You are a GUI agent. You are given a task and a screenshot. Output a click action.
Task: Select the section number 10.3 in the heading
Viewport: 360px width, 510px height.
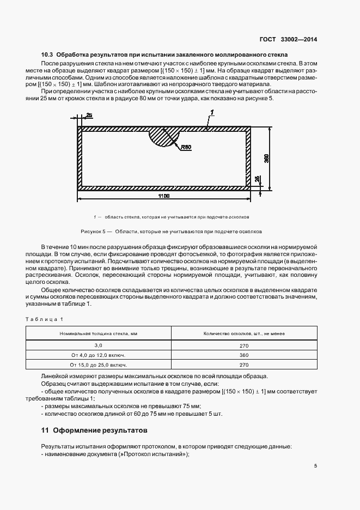coord(47,56)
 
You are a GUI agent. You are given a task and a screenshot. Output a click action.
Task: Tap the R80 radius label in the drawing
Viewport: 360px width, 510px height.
coord(186,147)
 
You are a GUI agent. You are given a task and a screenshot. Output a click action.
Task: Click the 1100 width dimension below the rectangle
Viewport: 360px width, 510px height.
coord(164,196)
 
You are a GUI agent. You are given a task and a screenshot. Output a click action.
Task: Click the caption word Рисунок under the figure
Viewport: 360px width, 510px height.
coord(91,230)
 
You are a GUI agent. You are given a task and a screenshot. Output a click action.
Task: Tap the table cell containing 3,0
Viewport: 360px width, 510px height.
coord(99,345)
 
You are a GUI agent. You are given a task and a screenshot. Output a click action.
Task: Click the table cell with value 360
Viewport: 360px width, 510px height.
coord(243,355)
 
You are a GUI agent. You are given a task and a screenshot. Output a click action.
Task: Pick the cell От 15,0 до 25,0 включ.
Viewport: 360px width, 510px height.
coord(99,365)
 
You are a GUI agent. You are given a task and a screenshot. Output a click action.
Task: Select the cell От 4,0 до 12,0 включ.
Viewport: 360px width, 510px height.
coord(99,355)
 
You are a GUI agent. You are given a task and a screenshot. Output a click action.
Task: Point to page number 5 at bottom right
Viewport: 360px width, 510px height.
coord(316,466)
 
